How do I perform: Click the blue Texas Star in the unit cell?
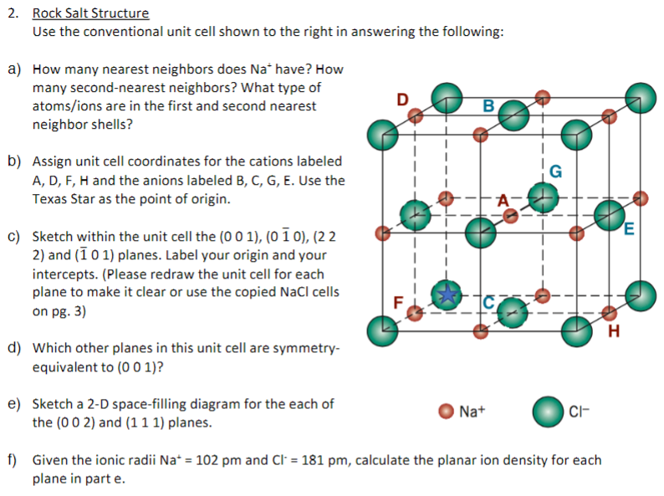coord(449,294)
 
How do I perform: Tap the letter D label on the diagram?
coord(402,99)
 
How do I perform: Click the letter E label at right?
coord(629,228)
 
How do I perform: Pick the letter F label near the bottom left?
coord(399,301)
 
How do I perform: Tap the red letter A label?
coord(503,199)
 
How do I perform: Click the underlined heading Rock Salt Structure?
coord(90,13)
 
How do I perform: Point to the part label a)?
coord(15,69)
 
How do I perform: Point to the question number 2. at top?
coord(14,13)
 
